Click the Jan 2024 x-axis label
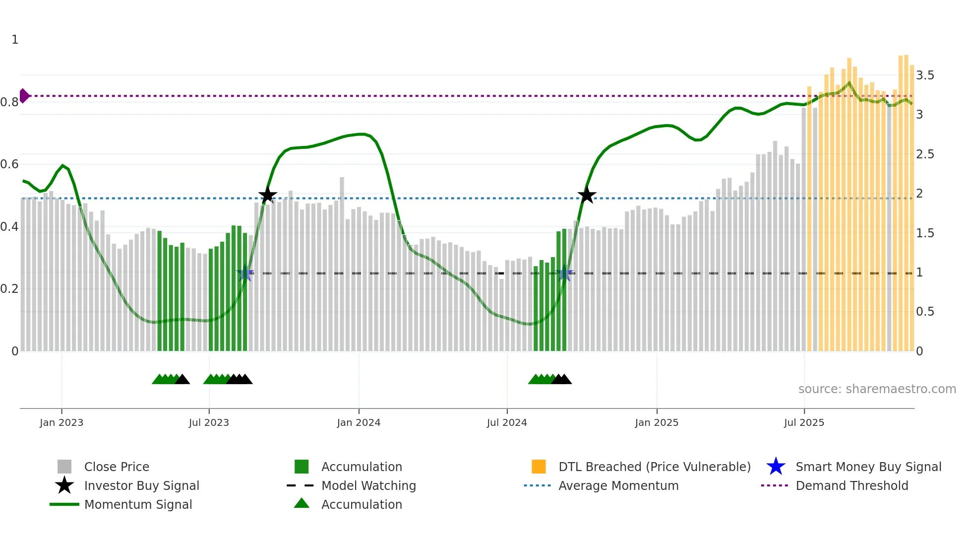tap(359, 423)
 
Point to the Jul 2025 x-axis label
tap(804, 423)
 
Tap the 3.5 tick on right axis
tap(924, 75)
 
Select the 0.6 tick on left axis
tap(9, 164)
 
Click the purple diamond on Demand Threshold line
tap(24, 96)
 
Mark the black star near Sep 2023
tap(267, 195)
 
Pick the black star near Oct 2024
tap(587, 195)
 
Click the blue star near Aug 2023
tap(245, 273)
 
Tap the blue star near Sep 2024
tap(564, 273)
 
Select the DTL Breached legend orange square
tap(539, 467)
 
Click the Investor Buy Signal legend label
tap(141, 486)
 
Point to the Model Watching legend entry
tap(368, 486)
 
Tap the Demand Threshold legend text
tap(851, 486)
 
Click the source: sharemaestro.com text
tap(877, 389)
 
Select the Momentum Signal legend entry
tap(138, 505)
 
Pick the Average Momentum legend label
tap(618, 486)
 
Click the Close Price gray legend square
tap(64, 467)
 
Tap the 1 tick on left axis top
tap(15, 40)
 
